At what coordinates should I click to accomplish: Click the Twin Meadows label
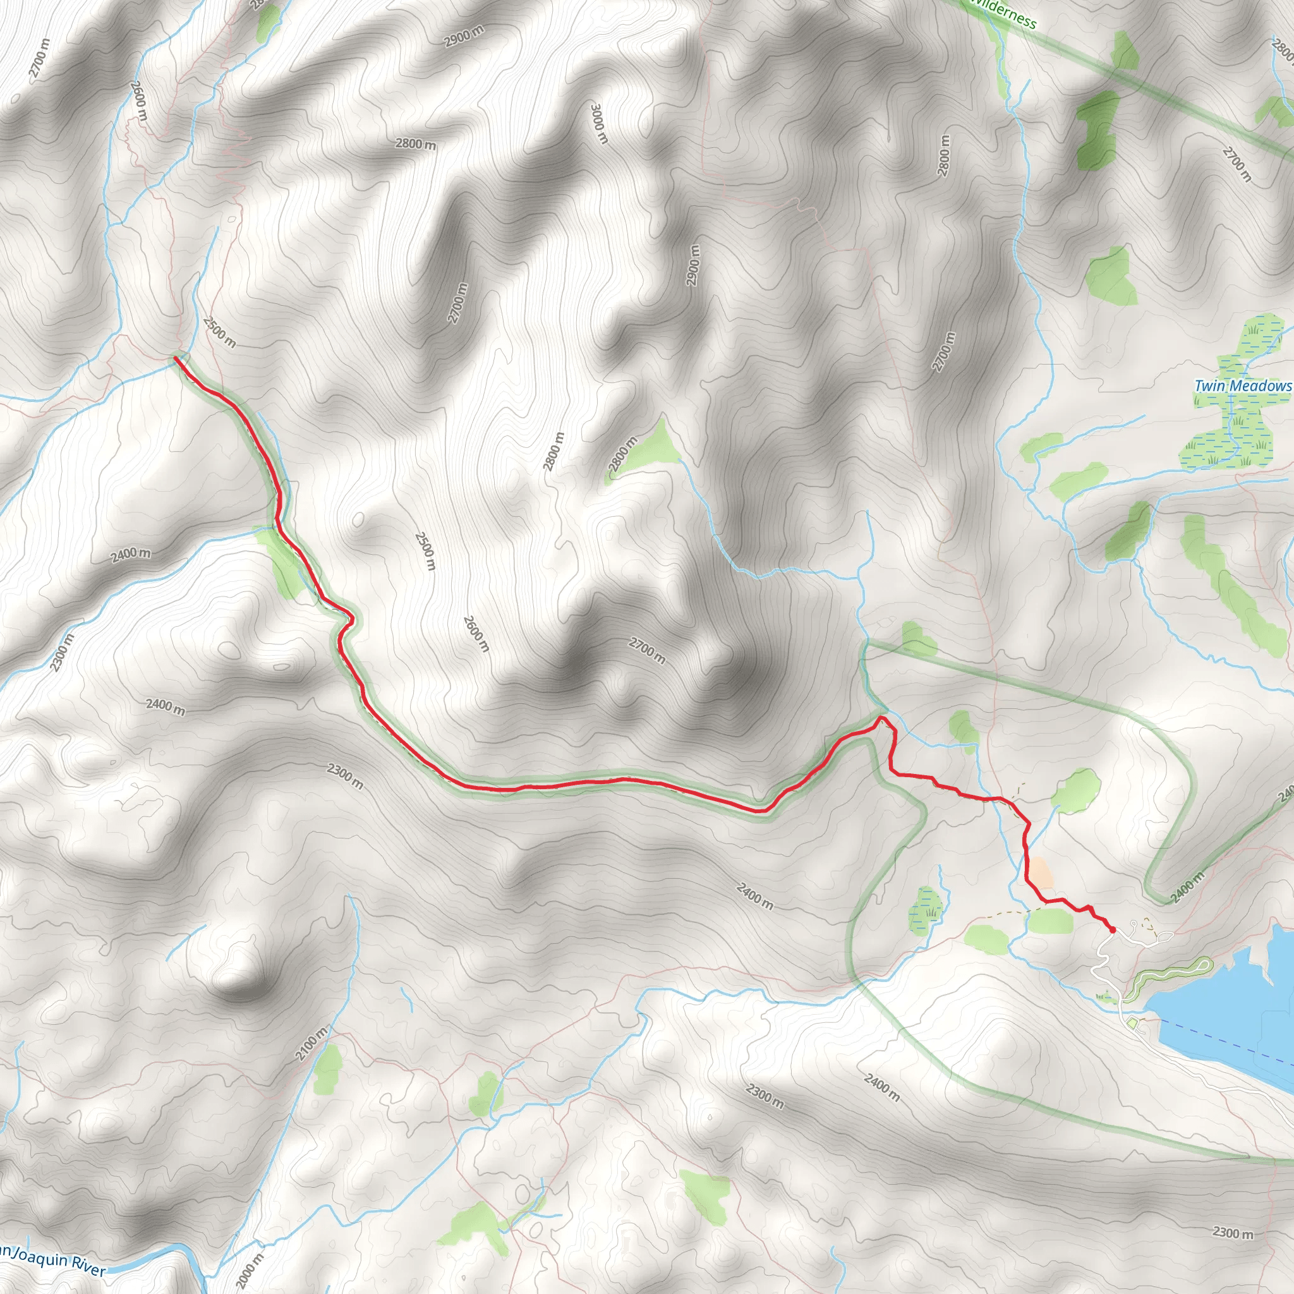pos(1242,387)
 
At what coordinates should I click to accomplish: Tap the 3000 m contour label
pos(599,123)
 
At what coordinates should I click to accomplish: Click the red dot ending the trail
pos(1113,930)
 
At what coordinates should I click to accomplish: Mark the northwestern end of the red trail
pos(176,359)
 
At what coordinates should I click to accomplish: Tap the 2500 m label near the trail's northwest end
pos(219,332)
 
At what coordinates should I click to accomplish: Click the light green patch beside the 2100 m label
pos(327,1070)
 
